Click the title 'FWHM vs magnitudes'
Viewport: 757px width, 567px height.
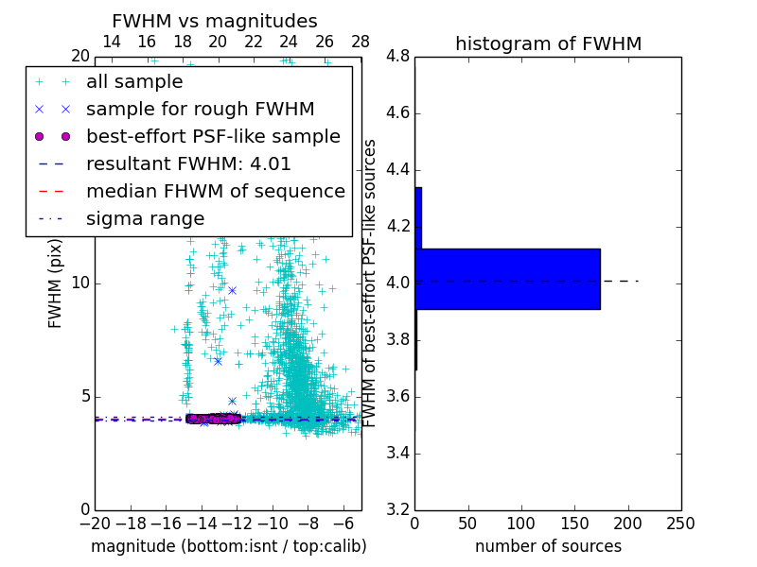[x=215, y=21]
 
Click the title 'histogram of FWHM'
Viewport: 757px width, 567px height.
[x=548, y=43]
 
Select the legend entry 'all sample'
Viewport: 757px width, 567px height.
[x=134, y=82]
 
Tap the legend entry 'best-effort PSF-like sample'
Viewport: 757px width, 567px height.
[x=213, y=136]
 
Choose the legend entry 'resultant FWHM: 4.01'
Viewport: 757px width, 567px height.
[x=188, y=163]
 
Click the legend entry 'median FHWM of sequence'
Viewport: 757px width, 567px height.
[x=216, y=191]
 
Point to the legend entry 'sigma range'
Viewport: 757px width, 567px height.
[x=145, y=218]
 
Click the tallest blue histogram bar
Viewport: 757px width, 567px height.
[x=507, y=279]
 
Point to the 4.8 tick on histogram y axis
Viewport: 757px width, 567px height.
[x=398, y=57]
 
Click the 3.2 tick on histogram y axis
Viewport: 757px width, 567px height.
[x=398, y=509]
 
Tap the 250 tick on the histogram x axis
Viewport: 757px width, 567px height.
[x=680, y=524]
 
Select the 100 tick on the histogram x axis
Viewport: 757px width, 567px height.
[x=521, y=524]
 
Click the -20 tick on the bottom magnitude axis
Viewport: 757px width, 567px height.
[x=95, y=524]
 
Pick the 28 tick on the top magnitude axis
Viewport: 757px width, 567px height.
[x=361, y=42]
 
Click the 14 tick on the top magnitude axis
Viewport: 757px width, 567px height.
[x=111, y=42]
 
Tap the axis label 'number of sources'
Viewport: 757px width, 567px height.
[x=548, y=546]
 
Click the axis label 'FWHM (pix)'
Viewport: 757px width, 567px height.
[x=56, y=283]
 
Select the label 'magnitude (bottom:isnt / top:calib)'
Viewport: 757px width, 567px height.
[x=228, y=546]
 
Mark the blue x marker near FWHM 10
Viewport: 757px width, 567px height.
[x=232, y=290]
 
